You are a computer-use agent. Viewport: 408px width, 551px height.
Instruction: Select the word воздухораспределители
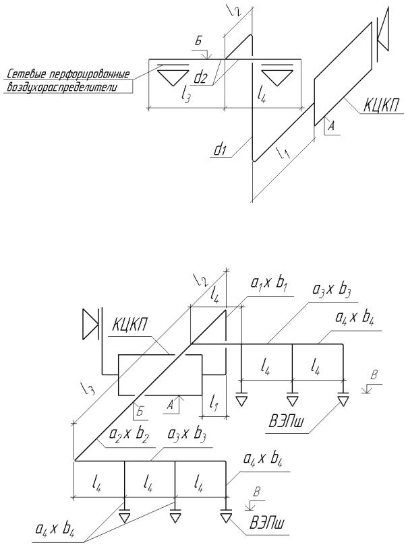coord(61,87)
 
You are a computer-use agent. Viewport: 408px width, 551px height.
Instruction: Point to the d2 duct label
coord(200,77)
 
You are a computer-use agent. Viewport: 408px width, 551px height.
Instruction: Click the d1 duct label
coord(219,150)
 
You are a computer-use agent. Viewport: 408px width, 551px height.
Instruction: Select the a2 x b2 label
coord(129,434)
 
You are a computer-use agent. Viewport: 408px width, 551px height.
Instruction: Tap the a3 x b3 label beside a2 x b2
coord(187,434)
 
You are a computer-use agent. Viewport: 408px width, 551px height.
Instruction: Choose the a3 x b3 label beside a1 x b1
coord(332,290)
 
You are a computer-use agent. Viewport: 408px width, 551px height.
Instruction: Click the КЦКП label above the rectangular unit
coord(129,325)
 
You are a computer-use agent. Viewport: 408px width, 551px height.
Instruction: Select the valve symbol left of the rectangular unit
coord(92,323)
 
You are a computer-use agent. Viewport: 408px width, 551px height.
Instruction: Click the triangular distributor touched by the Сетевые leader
coord(173,75)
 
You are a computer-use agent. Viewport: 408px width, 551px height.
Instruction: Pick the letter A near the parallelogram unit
coord(330,126)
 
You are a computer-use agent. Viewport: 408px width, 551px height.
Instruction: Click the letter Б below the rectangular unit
coord(140,412)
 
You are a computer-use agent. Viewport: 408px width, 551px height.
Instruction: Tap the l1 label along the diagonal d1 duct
coord(283,153)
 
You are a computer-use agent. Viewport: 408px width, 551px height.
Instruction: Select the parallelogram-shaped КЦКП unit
coord(343,73)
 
